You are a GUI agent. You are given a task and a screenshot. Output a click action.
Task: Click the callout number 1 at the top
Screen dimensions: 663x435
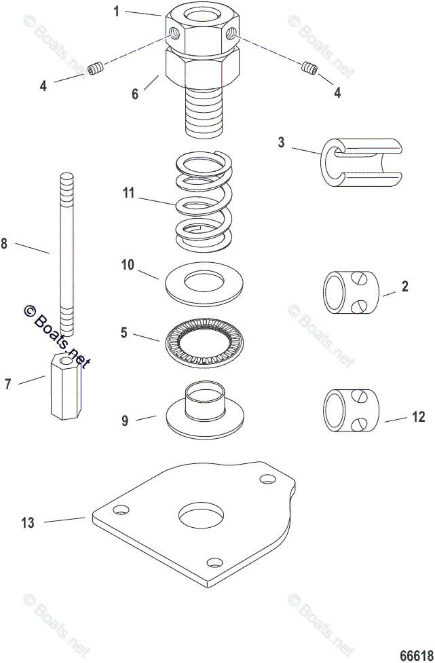[116, 11]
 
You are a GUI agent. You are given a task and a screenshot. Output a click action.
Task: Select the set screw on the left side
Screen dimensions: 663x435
[99, 69]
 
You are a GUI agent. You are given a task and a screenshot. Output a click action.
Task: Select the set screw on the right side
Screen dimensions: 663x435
[309, 67]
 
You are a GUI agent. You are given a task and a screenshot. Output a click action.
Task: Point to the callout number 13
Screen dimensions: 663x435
[26, 522]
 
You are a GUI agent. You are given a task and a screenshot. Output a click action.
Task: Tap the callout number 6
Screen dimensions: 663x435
[135, 94]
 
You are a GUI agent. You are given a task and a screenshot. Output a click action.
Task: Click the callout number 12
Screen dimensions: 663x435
[419, 416]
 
